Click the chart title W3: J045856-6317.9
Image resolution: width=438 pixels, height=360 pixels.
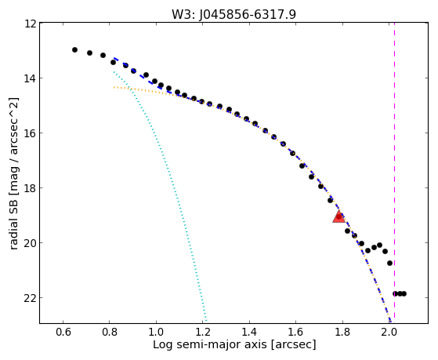click(233, 14)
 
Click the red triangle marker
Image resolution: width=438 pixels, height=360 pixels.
click(338, 217)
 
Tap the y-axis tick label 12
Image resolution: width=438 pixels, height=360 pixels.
click(31, 24)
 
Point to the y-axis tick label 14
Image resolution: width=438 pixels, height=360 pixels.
click(31, 78)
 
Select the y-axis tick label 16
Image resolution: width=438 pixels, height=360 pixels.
click(31, 133)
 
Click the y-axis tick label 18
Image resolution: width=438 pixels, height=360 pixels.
click(31, 188)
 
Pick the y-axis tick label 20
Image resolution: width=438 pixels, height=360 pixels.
click(31, 243)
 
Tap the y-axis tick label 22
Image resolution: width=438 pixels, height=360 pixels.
click(31, 298)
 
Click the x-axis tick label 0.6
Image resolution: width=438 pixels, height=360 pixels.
click(63, 332)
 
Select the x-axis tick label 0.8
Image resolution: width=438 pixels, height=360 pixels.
click(110, 332)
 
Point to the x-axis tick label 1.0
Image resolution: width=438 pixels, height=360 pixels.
click(156, 332)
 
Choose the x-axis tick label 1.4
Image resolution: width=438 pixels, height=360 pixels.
click(249, 332)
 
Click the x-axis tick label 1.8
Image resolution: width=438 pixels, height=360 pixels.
click(342, 332)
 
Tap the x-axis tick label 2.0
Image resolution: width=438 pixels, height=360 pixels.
click(389, 332)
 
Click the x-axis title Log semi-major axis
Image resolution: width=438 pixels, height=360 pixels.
click(210, 344)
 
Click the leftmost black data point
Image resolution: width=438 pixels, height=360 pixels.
click(74, 49)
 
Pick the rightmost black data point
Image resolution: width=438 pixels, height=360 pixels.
click(404, 293)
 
